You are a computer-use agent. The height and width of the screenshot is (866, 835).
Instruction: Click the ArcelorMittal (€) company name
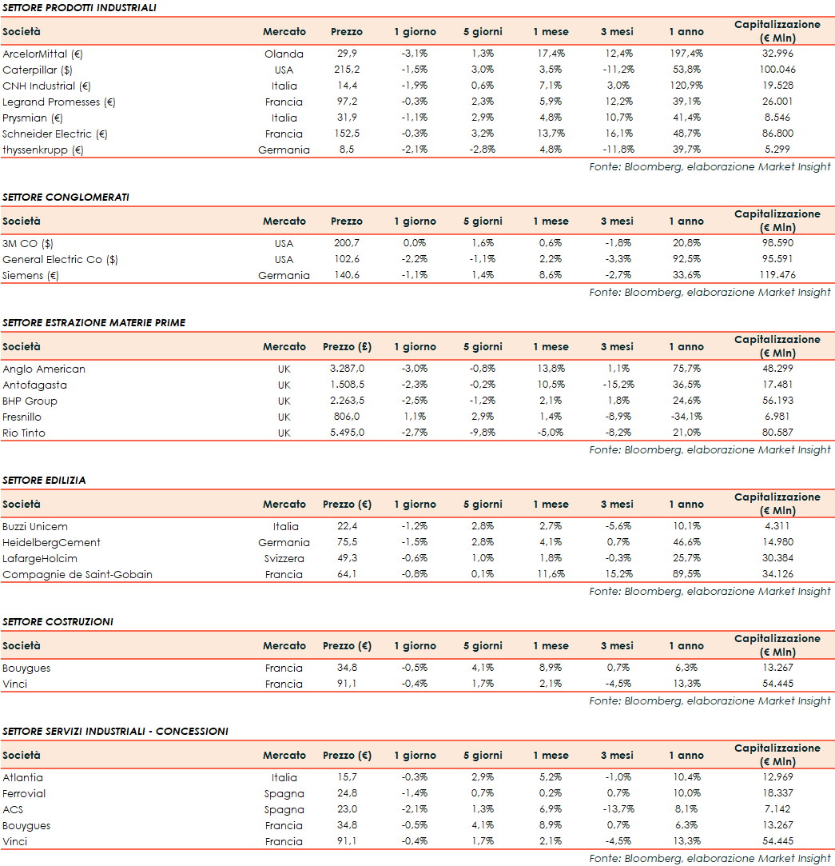click(43, 54)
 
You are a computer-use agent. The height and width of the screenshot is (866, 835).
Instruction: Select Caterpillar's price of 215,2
click(346, 70)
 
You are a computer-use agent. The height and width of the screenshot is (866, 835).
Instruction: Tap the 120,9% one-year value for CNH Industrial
click(686, 86)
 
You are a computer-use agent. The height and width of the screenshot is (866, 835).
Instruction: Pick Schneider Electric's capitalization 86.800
click(777, 134)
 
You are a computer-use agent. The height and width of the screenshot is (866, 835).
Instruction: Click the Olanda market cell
click(284, 54)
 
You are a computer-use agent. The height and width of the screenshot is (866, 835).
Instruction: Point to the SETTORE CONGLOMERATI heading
click(66, 197)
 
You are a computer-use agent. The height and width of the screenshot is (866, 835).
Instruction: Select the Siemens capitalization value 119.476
click(777, 275)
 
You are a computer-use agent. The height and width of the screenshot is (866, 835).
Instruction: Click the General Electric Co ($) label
click(60, 259)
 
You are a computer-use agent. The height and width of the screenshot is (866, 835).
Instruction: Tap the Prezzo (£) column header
click(346, 347)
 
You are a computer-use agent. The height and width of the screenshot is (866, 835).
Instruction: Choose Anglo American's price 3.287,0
click(346, 369)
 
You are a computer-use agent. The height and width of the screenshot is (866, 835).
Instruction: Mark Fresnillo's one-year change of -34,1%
click(686, 417)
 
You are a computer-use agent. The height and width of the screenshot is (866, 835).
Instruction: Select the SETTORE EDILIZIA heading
click(44, 480)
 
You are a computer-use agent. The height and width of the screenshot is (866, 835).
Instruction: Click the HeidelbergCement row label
click(51, 542)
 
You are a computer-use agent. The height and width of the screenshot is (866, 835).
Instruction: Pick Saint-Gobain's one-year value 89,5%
click(686, 574)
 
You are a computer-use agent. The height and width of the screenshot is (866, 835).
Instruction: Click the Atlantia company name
click(22, 777)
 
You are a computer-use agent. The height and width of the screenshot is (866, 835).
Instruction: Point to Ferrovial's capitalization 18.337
click(777, 793)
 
